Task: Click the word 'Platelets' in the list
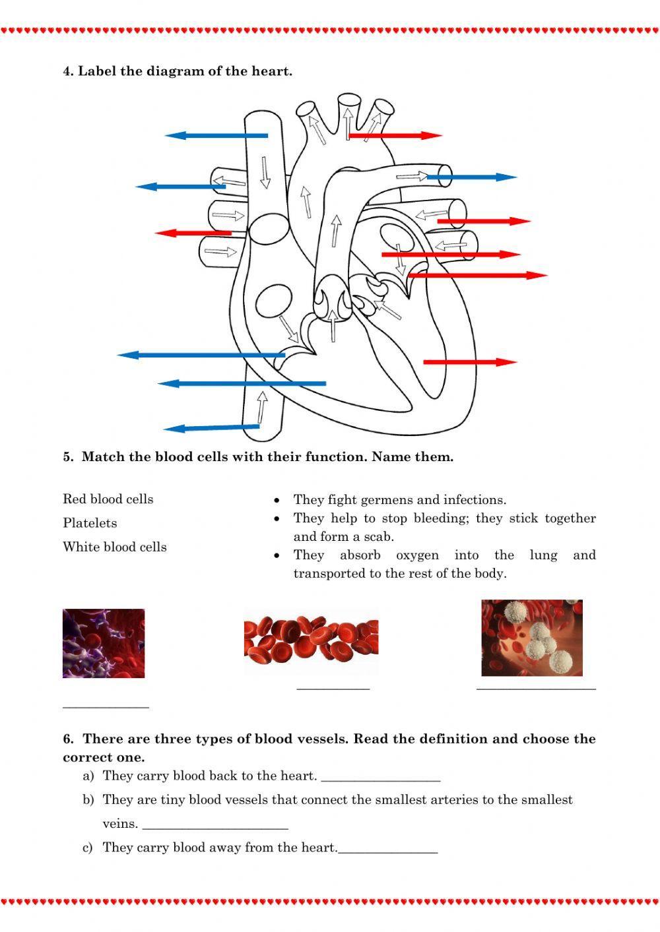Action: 90,523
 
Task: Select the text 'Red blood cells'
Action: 108,499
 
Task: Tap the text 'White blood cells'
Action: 114,547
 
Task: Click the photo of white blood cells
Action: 531,638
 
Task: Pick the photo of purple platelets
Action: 104,643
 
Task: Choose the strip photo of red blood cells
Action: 311,646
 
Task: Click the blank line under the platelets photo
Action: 106,706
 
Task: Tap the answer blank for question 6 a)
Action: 380,780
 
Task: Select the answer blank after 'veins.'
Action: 215,827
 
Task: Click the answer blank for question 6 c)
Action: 387,852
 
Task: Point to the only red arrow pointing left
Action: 193,233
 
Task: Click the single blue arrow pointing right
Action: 471,177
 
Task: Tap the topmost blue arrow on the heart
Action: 216,136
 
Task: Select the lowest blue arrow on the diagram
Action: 211,428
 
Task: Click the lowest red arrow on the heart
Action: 469,362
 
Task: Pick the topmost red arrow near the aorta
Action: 395,136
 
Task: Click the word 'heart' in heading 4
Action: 269,71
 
